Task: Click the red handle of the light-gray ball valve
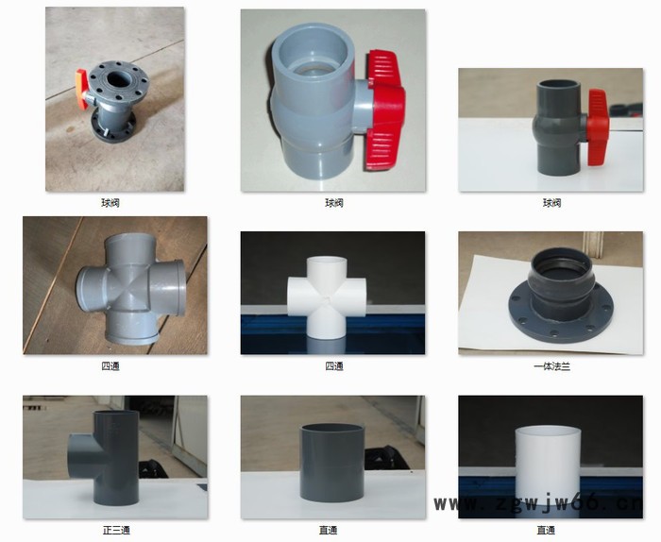tap(384, 110)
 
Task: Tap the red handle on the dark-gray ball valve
tap(599, 127)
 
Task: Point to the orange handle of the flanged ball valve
tap(82, 89)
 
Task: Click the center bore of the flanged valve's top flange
tap(118, 78)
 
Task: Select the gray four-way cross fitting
tap(131, 289)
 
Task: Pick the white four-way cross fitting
tap(327, 297)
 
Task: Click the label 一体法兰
tap(551, 366)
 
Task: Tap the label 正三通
tap(116, 531)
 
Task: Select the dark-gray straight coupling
tap(331, 463)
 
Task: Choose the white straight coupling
tap(548, 465)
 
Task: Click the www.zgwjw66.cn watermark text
tap(538, 502)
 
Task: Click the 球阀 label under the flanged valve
tap(110, 203)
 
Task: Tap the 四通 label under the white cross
tap(334, 366)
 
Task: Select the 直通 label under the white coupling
tap(546, 531)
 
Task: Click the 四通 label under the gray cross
tap(110, 366)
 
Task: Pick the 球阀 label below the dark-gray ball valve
tap(551, 203)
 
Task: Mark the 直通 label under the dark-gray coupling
tap(328, 531)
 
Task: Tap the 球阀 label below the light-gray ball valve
tap(334, 203)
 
